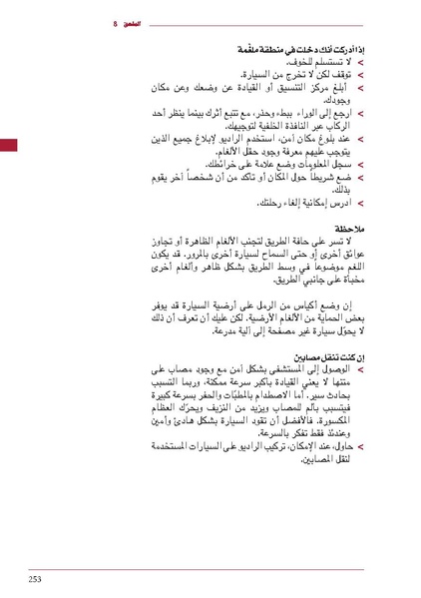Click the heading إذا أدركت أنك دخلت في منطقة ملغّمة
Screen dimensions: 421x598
point(300,48)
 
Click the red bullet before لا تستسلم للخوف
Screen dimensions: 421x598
point(362,61)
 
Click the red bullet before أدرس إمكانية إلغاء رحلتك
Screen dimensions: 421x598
point(362,204)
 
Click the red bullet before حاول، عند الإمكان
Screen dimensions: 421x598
point(362,449)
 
